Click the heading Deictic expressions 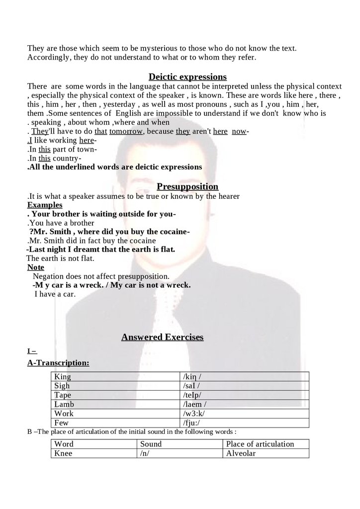coord(187,77)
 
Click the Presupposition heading coord(187,186)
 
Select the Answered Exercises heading coord(163,337)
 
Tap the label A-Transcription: coord(58,363)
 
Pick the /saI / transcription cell coord(191,386)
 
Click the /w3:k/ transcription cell coord(194,414)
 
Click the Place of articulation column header coord(260,444)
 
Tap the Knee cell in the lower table coord(63,453)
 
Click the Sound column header coord(151,444)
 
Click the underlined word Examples coord(45,205)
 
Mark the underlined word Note coord(36,267)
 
